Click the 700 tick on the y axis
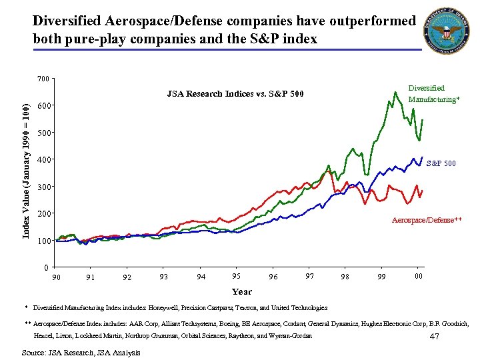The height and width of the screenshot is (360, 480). pos(43,79)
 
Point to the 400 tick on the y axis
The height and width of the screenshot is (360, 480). pos(43,160)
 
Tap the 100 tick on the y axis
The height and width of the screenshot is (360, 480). pos(43,241)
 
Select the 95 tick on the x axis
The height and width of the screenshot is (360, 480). pos(236,277)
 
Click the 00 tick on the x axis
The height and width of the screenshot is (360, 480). pos(418,277)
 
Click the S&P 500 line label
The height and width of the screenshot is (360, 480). pos(441,163)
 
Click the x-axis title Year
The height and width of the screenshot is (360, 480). pos(241,291)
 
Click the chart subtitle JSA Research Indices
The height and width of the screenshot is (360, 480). pos(235,93)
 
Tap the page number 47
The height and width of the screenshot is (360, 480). pos(434,337)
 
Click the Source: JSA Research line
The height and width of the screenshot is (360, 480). pos(81,352)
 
